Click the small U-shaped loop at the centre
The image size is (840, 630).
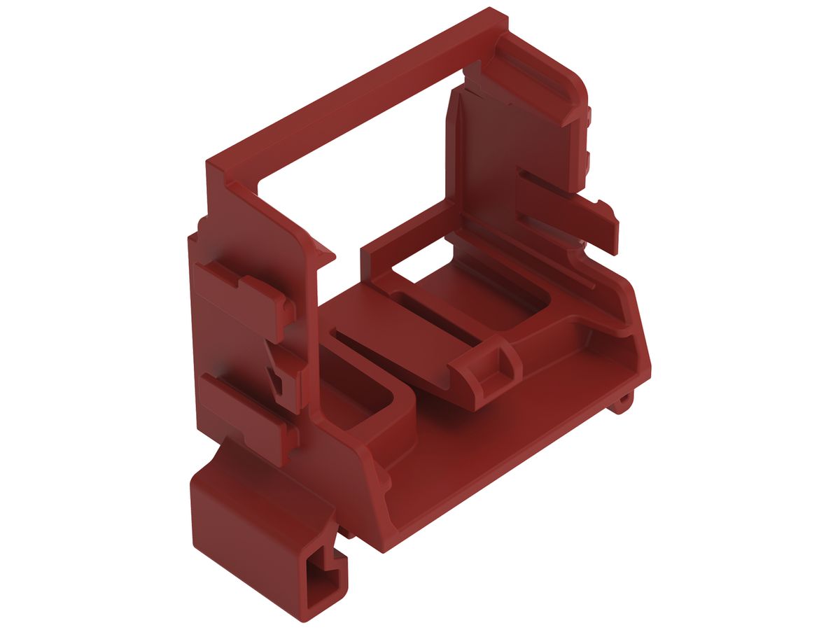tap(496, 367)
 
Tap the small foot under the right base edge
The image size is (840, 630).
tap(623, 402)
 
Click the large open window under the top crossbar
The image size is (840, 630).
tap(357, 182)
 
